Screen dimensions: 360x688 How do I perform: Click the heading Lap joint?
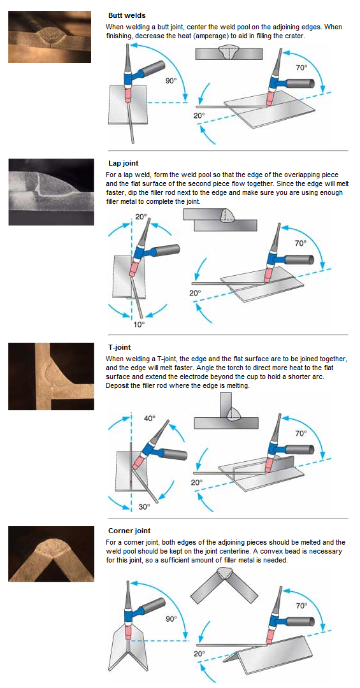click(x=123, y=163)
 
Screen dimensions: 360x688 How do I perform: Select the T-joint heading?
click(x=119, y=348)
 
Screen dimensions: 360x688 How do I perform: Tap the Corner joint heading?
click(x=129, y=531)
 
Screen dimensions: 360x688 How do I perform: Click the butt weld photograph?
click(x=50, y=37)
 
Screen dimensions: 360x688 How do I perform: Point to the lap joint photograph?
click(x=51, y=192)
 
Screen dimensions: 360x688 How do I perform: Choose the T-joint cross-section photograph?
click(x=51, y=376)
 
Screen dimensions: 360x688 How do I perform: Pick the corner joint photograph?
click(x=51, y=554)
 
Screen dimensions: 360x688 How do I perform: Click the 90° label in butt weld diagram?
click(x=171, y=81)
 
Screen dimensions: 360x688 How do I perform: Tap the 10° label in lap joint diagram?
click(x=140, y=325)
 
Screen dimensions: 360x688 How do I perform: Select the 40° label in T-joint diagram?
click(x=150, y=418)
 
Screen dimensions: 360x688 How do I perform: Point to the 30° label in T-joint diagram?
click(x=144, y=506)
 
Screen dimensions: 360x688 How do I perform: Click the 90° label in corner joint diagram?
click(x=171, y=619)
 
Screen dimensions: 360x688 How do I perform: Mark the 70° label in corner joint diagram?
click(x=301, y=606)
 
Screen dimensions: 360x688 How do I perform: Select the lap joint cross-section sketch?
click(x=220, y=220)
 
